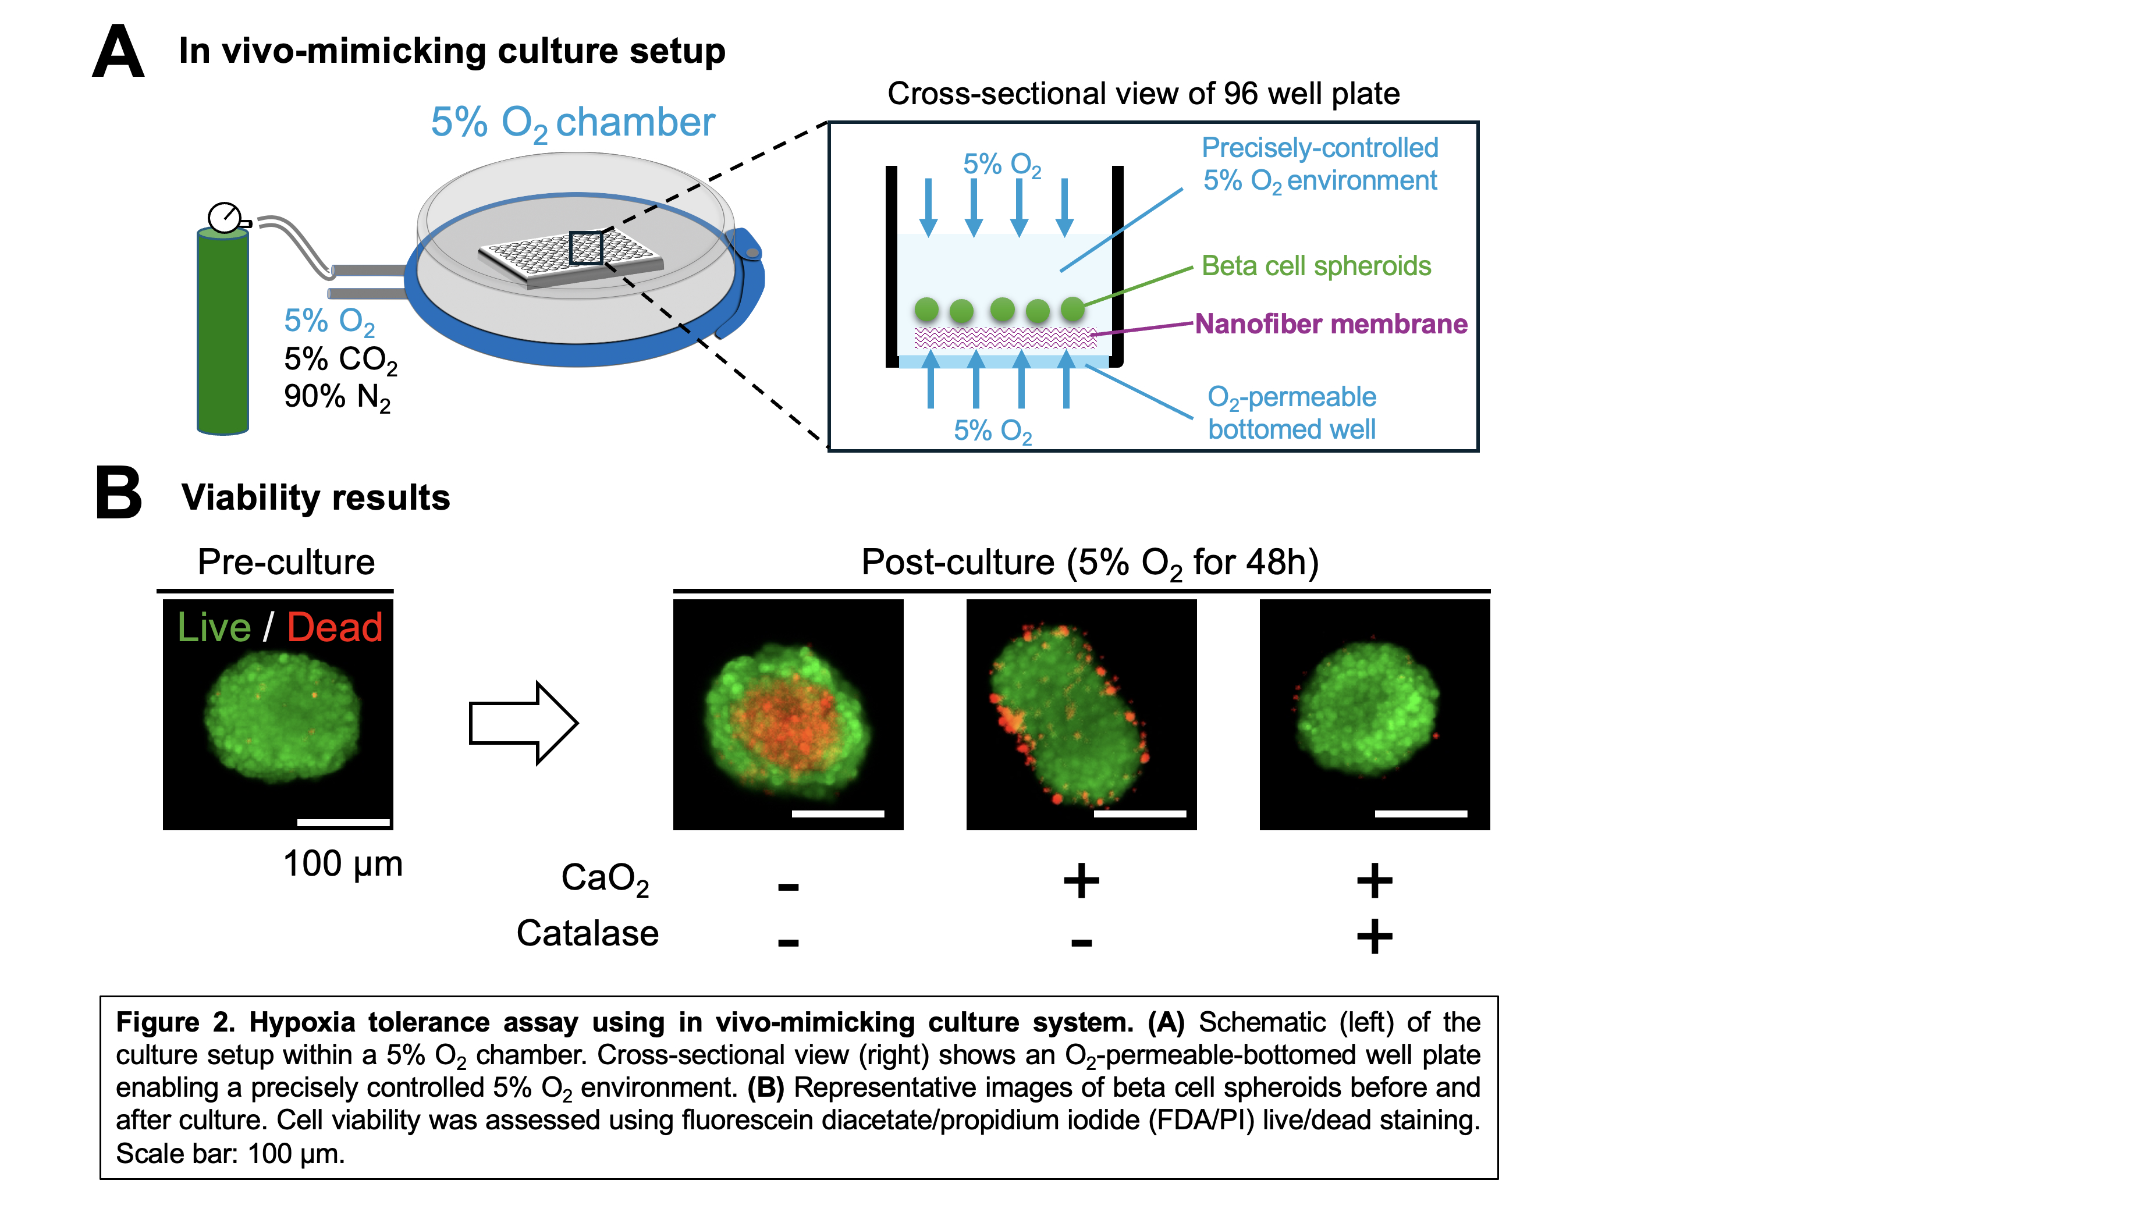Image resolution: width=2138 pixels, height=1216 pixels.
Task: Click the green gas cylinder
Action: click(x=222, y=330)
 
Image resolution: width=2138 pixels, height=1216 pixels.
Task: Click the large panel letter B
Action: click(x=119, y=493)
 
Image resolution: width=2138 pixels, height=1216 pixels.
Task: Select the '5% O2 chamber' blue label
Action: click(x=573, y=123)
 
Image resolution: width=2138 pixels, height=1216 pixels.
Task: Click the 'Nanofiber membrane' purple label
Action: click(x=1331, y=323)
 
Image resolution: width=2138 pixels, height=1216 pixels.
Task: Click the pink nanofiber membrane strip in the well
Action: click(x=1004, y=337)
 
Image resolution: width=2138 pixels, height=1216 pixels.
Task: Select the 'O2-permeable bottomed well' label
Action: click(x=1292, y=413)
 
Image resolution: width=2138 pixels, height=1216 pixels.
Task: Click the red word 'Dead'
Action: click(x=334, y=627)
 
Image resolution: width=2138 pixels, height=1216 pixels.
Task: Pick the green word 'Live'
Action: click(x=214, y=627)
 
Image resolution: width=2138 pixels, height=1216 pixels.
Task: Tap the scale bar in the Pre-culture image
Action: click(x=344, y=823)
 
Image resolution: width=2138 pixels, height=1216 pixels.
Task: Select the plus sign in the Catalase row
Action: click(x=1375, y=936)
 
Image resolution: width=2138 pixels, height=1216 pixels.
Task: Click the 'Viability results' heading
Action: click(x=315, y=498)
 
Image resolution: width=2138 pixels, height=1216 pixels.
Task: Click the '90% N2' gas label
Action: click(x=338, y=397)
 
